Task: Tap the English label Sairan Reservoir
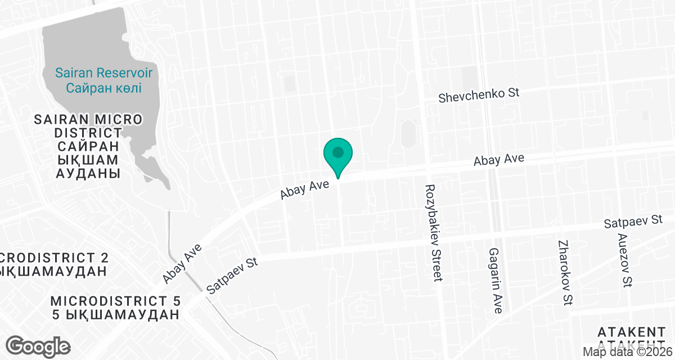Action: click(x=103, y=73)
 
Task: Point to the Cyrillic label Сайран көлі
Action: click(x=103, y=88)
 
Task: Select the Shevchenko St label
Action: click(x=479, y=96)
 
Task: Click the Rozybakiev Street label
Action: click(x=434, y=232)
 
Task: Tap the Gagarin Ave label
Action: click(x=496, y=280)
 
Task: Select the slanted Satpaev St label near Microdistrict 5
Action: click(x=232, y=276)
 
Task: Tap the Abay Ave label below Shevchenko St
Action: click(x=499, y=160)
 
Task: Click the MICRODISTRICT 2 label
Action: click(x=54, y=258)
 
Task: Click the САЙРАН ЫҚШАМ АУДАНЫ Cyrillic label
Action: click(x=88, y=160)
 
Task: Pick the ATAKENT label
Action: click(x=632, y=331)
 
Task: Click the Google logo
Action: click(x=38, y=346)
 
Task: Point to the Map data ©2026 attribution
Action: click(x=627, y=352)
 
